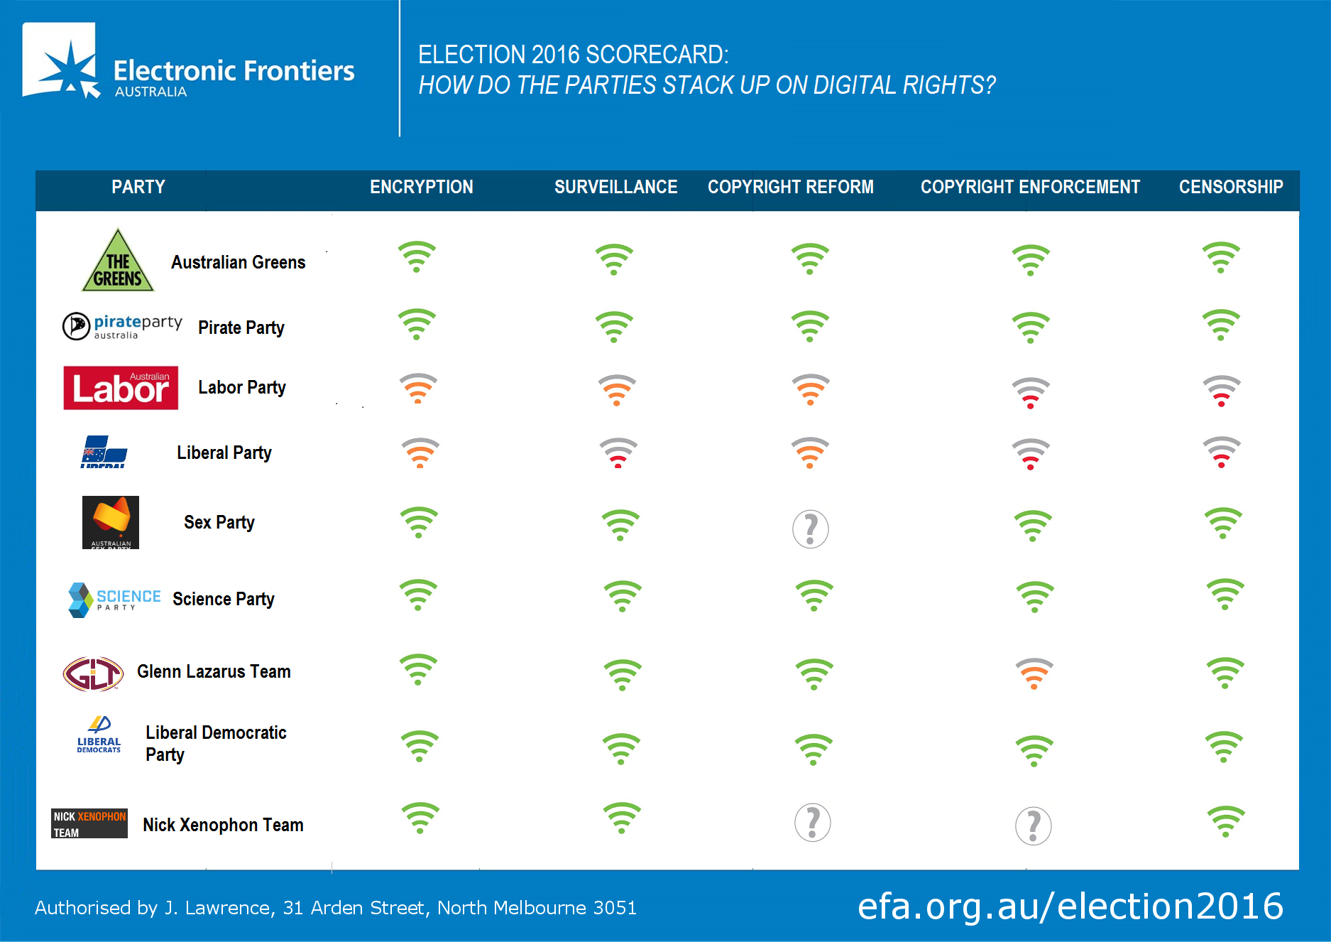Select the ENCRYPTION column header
[x=421, y=187]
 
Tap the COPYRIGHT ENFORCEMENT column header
[x=1030, y=187]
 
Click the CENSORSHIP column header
[x=1231, y=187]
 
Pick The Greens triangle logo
[x=118, y=261]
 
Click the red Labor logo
[x=121, y=388]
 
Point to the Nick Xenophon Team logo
[x=89, y=823]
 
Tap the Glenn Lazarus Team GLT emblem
[x=93, y=673]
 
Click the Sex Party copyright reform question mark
[x=810, y=529]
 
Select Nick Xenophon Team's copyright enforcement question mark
[x=1033, y=826]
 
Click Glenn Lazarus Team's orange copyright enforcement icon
[x=1034, y=674]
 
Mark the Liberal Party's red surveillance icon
[x=618, y=453]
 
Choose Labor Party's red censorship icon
[x=1221, y=391]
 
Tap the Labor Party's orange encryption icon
[x=418, y=389]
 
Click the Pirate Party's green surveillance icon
[x=614, y=327]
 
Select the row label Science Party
[x=223, y=599]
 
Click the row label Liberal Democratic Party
[x=215, y=743]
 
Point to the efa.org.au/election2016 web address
[x=1070, y=906]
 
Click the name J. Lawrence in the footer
[x=217, y=908]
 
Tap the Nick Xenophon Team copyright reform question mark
[x=812, y=823]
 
